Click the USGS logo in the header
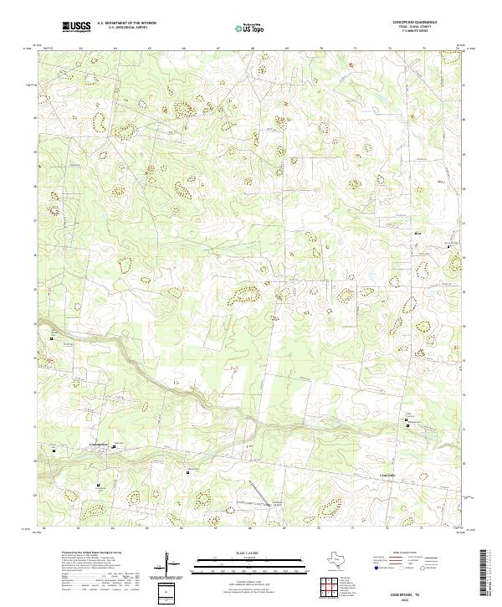pos(76,27)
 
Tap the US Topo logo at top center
pos(251,28)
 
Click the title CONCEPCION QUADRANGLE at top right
pos(413,23)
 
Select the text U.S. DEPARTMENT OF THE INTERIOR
pos(126,23)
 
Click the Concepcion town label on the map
pos(100,443)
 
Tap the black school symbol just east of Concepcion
pos(115,448)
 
